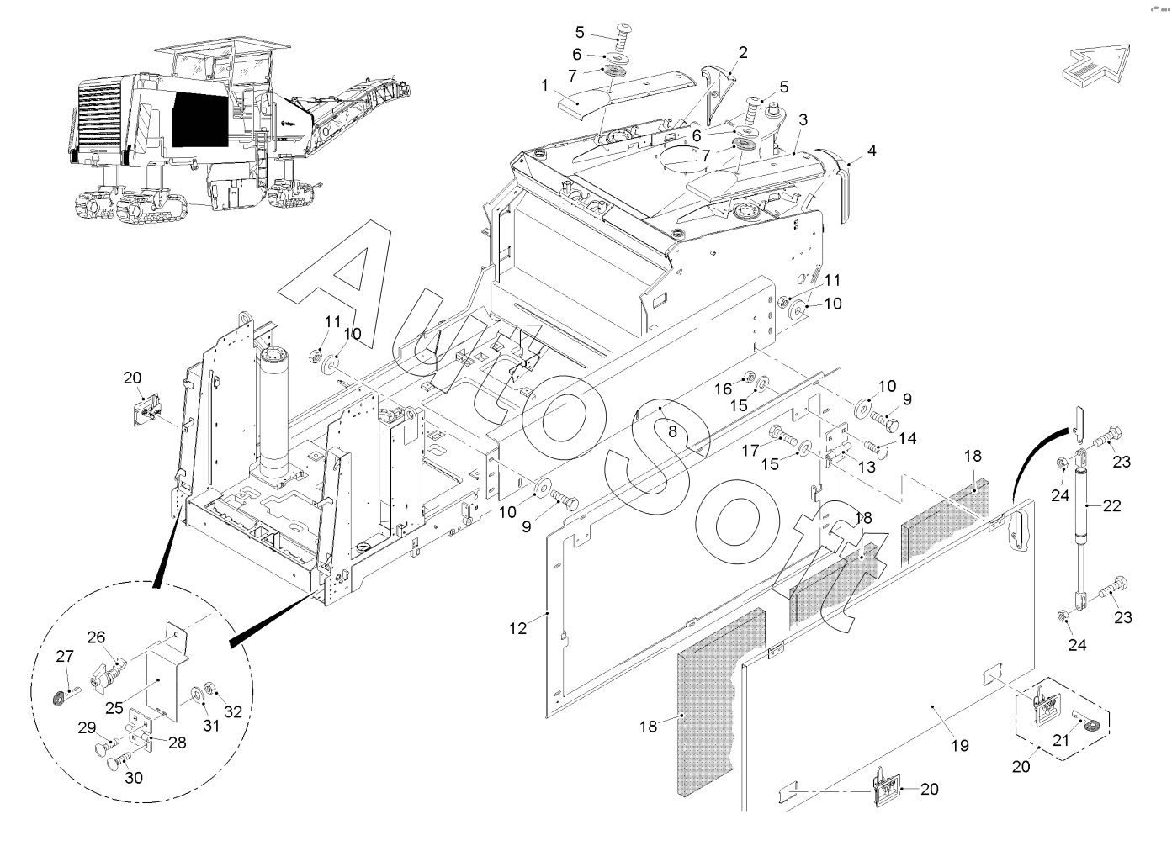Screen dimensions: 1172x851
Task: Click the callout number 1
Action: coord(544,85)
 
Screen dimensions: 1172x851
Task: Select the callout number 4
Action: coord(871,151)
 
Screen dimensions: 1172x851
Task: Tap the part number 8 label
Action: coord(673,431)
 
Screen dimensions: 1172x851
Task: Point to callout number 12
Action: coord(518,628)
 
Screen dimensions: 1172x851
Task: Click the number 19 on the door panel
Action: coord(960,745)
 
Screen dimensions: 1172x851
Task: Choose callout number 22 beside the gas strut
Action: coord(1111,505)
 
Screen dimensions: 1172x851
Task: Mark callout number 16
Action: coord(724,388)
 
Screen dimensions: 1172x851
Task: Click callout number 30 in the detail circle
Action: coord(134,778)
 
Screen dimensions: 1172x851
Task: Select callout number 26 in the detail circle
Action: coord(96,637)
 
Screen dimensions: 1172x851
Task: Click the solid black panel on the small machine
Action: coord(200,119)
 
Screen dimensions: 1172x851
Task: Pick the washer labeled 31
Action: coord(199,695)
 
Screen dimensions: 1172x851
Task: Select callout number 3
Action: coord(803,119)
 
